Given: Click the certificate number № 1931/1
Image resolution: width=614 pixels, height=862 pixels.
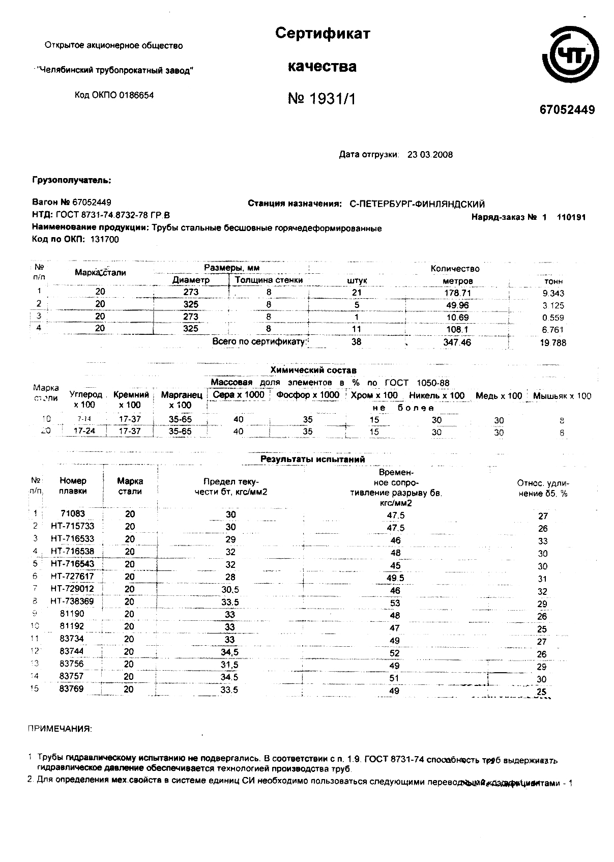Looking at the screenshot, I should point(321,99).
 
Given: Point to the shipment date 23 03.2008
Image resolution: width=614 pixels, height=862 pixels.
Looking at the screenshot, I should point(430,155).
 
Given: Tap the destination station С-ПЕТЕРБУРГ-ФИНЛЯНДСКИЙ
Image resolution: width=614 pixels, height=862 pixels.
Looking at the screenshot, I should point(417,204).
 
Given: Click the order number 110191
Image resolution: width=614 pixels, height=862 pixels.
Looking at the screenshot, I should point(571,217).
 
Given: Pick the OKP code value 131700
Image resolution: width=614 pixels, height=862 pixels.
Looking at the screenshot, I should point(104,240).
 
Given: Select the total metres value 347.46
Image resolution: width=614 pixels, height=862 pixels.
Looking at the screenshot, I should point(457,342).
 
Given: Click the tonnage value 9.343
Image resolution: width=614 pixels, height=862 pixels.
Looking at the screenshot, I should point(553,293).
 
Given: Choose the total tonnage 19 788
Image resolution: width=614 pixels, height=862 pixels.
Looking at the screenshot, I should point(553,343).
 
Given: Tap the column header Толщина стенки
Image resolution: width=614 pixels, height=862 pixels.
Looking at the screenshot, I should point(269,280).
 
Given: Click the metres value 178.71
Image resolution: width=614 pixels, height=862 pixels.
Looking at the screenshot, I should point(457,293).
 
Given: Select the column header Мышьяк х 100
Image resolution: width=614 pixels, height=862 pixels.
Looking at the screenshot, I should point(562,396).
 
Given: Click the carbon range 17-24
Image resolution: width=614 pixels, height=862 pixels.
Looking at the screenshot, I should point(81,431).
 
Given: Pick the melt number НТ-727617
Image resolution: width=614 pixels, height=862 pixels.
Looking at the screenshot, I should point(72,577).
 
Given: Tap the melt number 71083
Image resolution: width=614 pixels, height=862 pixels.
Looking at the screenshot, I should point(72,514).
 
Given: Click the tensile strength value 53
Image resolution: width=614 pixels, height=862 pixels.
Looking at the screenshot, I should point(395,603).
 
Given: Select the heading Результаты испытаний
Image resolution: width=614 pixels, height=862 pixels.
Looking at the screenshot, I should point(312,459).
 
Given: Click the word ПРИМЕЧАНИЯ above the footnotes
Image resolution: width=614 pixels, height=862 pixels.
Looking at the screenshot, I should point(60,729).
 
